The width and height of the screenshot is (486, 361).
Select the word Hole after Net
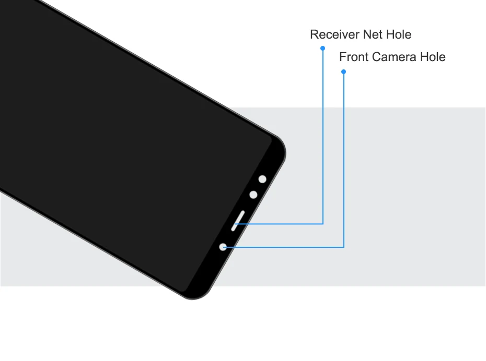(x=399, y=35)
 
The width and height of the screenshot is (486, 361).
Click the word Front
(x=354, y=57)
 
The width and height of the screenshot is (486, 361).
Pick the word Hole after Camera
(x=433, y=57)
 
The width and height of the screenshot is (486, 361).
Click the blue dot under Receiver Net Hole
(x=323, y=48)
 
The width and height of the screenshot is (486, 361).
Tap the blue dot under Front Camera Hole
(x=343, y=71)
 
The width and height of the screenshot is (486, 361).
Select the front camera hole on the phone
(x=223, y=247)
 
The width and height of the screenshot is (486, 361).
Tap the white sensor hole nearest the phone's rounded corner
(x=262, y=179)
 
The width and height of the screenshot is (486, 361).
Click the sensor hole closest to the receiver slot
(x=253, y=195)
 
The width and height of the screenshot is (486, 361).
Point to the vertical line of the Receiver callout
(x=323, y=136)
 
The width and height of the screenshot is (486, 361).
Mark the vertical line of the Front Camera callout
(x=343, y=157)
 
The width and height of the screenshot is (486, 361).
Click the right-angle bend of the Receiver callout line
(x=323, y=224)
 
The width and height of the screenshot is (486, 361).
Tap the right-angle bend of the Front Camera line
(x=343, y=247)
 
